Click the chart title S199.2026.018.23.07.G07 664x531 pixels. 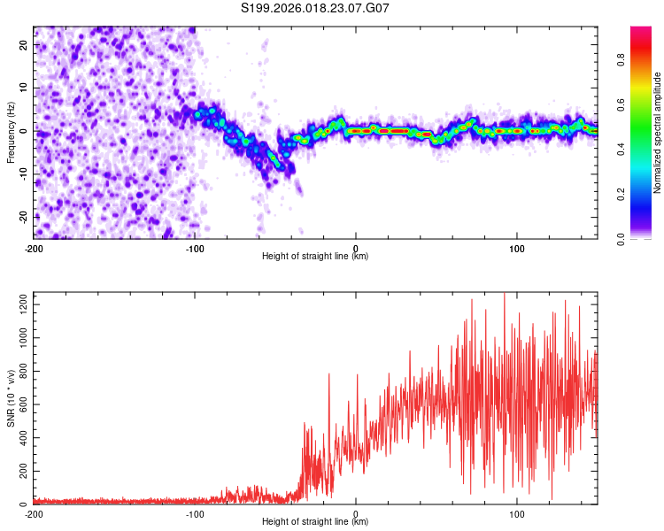click(x=316, y=8)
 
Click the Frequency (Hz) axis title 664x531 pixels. click(x=11, y=131)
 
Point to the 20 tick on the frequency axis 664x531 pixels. click(x=23, y=44)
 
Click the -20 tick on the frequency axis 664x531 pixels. click(x=21, y=217)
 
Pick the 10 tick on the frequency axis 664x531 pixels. click(x=23, y=88)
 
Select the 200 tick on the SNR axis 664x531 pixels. click(x=20, y=472)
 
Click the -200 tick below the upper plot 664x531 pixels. click(x=34, y=248)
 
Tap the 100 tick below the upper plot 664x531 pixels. click(x=517, y=248)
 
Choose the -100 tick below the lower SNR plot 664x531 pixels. click(x=195, y=513)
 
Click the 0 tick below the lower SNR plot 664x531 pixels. click(x=356, y=513)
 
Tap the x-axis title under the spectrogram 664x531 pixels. click(x=315, y=257)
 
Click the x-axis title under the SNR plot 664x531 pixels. click(x=315, y=522)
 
